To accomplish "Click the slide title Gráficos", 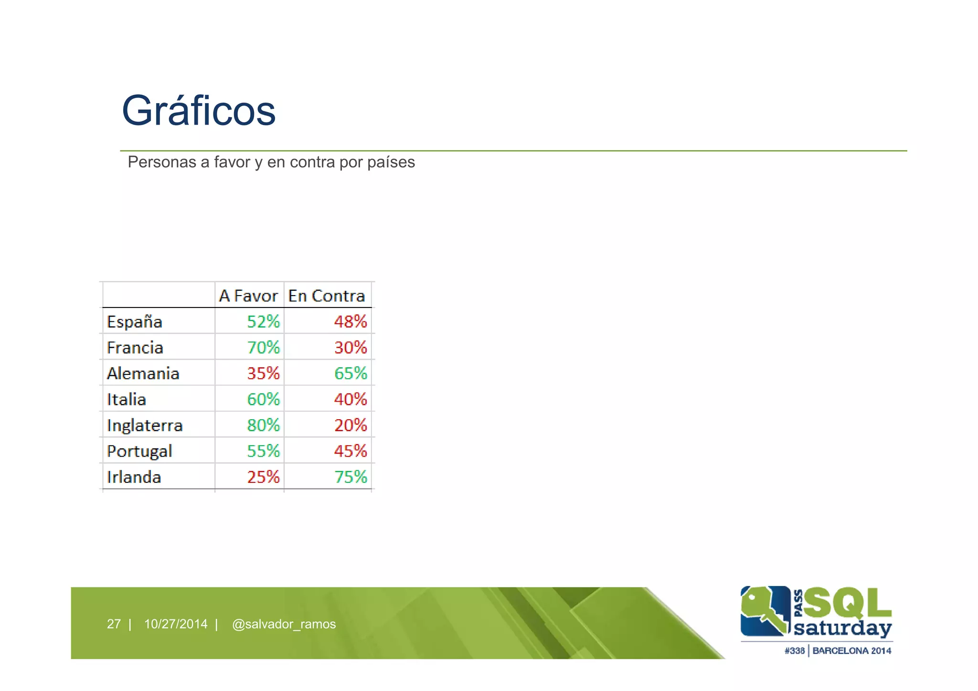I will click(x=199, y=111).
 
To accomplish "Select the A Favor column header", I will click(x=248, y=296).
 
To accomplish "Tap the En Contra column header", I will click(x=327, y=296).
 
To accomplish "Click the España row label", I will click(x=135, y=322).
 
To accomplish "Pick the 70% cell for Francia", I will click(x=263, y=348).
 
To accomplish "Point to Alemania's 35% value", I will click(x=263, y=373).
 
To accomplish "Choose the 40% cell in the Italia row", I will click(x=351, y=399).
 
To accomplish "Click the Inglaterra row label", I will click(x=145, y=425).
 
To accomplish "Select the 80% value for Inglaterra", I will click(x=263, y=425).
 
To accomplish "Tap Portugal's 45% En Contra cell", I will click(x=351, y=451).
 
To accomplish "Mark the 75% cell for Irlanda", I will click(x=351, y=477).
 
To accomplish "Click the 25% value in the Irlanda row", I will click(x=263, y=477).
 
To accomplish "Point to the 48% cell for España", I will click(x=351, y=322).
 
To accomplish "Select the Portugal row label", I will click(x=139, y=451).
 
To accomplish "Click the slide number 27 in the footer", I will click(x=114, y=624).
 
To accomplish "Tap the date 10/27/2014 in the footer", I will click(x=176, y=624).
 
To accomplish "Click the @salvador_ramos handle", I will click(x=284, y=624).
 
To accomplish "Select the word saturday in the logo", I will click(x=842, y=628).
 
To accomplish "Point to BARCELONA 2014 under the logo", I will click(x=852, y=650).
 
